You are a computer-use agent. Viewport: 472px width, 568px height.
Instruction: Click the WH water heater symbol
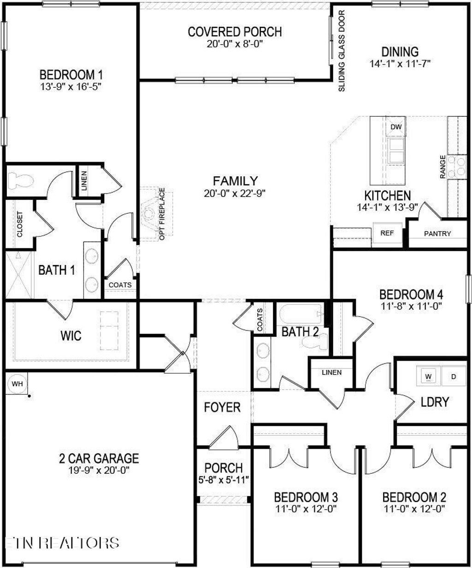[x=17, y=383]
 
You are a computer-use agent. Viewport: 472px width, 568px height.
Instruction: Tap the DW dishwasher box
[x=395, y=127]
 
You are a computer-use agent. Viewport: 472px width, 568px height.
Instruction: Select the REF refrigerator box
[x=387, y=233]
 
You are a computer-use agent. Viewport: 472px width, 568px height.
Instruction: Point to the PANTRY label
[x=437, y=234]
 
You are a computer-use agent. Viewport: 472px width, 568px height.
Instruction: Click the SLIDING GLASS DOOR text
[x=342, y=51]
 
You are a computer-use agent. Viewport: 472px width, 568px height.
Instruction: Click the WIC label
[x=71, y=335]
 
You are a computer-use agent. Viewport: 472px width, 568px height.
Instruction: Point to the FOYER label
[x=222, y=407]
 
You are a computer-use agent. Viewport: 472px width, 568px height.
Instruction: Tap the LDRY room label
[x=435, y=402]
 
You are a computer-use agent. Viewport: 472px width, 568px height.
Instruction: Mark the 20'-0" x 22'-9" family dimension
[x=235, y=193]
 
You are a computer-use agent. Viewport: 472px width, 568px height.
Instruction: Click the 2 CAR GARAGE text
[x=99, y=459]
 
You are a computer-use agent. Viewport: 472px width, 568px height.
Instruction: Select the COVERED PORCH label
[x=235, y=32]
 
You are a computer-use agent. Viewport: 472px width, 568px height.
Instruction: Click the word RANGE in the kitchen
[x=442, y=167]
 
